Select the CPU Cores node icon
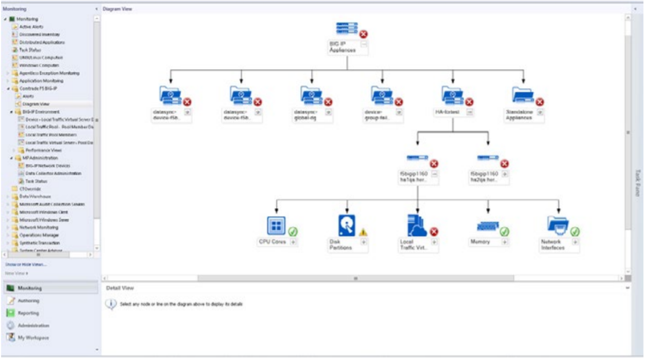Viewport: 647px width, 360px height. (276, 225)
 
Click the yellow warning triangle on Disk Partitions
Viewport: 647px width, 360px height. (364, 232)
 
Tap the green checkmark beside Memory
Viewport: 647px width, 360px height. (504, 232)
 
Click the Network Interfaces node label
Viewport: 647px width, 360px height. (552, 244)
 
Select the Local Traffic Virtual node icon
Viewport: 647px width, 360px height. (417, 225)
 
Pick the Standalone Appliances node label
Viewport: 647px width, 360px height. (518, 115)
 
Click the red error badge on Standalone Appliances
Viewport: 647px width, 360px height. (540, 102)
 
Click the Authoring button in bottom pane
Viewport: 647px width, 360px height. (28, 301)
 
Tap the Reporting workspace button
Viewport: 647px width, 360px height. (28, 313)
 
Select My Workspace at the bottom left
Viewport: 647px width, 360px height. (33, 337)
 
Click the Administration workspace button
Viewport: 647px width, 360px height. (33, 326)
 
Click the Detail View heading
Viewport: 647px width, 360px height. (120, 288)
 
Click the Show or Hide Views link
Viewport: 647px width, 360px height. (26, 264)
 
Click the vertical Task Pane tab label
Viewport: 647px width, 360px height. (637, 183)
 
